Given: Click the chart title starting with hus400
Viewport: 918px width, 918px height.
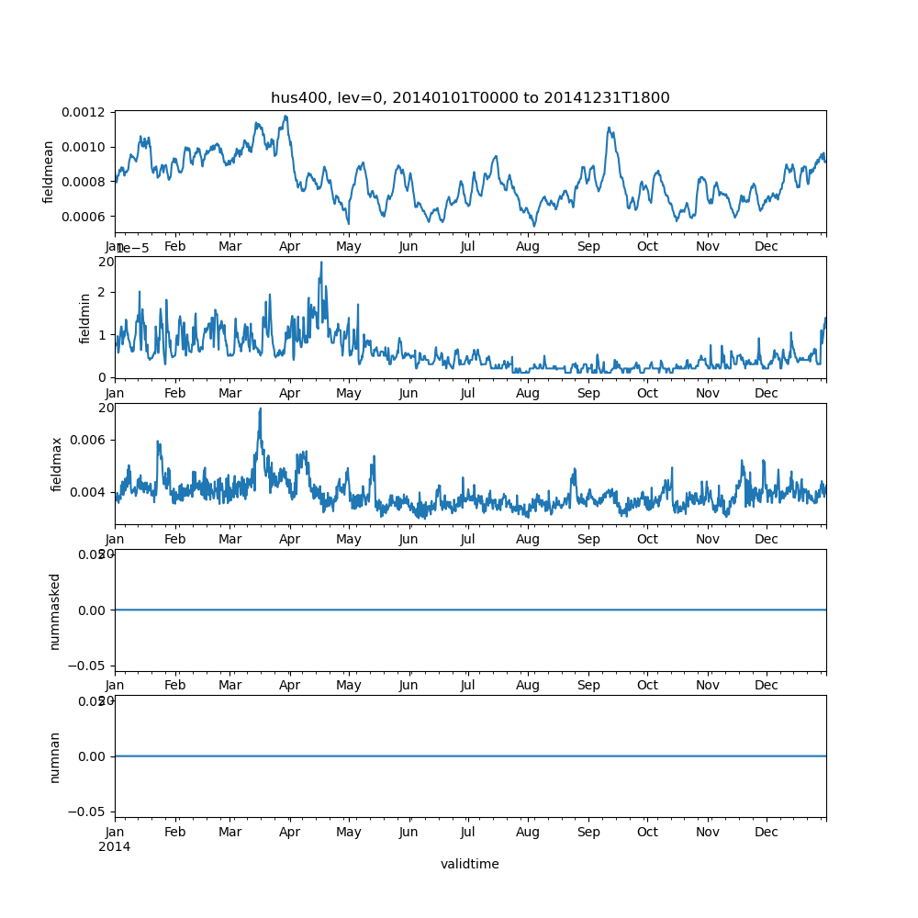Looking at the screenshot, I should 470,98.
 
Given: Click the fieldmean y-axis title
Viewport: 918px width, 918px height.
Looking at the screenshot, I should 49,172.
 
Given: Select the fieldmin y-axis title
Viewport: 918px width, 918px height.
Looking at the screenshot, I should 85,318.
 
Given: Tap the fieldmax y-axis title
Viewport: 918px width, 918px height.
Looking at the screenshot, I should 57,464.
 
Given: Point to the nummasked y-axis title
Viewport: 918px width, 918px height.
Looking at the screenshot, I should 54,610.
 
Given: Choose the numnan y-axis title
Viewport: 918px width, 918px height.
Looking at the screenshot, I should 54,756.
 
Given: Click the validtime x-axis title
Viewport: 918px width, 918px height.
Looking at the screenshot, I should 469,864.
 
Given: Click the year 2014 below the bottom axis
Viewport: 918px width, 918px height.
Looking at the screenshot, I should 114,846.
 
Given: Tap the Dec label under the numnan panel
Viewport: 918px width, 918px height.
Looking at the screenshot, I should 766,833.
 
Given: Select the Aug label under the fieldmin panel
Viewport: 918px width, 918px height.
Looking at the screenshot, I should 528,393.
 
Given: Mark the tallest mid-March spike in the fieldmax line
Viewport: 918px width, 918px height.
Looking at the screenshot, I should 260,409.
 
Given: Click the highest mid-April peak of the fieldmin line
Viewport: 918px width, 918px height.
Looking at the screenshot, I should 320,263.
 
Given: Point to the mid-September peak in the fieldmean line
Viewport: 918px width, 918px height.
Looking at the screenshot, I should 610,129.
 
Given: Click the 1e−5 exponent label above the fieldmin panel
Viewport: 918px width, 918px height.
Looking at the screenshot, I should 132,249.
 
